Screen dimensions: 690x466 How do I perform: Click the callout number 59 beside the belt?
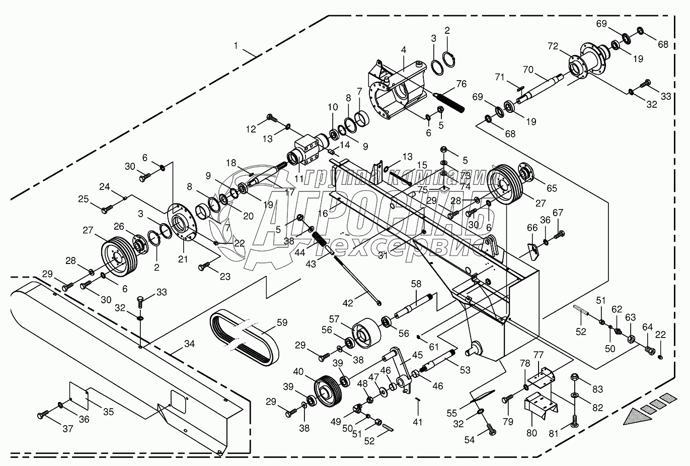[x=282, y=322]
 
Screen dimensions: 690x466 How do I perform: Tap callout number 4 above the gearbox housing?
[x=404, y=50]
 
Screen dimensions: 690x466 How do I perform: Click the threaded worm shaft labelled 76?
[x=448, y=102]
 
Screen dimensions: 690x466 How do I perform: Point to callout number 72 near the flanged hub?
[x=553, y=46]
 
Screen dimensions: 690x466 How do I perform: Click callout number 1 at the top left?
[x=236, y=46]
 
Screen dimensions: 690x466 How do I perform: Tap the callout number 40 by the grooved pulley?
[x=298, y=372]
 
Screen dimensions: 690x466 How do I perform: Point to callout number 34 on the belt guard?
[x=189, y=344]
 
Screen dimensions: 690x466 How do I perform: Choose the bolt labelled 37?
[x=43, y=415]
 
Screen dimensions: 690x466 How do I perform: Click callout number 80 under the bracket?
[x=531, y=433]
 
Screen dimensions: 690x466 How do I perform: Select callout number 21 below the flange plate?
[x=183, y=259]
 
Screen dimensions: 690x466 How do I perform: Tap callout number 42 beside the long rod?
[x=348, y=303]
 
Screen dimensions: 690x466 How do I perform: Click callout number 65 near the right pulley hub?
[x=552, y=188]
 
